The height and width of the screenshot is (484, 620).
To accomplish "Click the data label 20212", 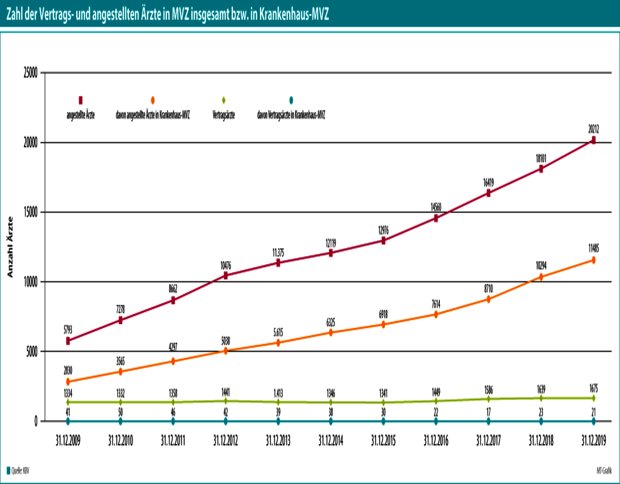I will pos(593,129).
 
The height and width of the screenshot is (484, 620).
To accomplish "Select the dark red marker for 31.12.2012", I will pos(226,276).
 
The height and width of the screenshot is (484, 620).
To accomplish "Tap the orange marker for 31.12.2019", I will pos(593,260).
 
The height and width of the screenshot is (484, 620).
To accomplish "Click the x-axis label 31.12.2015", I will pos(383,441).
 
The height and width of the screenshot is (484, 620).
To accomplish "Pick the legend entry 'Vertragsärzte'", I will pos(224,116).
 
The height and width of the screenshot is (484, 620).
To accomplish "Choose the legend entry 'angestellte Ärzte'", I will pos(80,116).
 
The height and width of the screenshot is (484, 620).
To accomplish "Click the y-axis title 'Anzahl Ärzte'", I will pos(10,247).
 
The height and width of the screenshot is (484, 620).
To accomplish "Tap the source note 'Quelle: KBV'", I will pos(17,470).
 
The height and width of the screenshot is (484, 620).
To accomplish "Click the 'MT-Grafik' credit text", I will pos(604,470).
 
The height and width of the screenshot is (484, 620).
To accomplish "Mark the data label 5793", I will pos(68,330).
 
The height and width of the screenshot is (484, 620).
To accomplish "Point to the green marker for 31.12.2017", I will pos(488,399).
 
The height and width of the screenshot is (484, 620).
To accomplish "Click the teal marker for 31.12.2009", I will pos(68,421).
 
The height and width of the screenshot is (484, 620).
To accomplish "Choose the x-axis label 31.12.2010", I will pos(120,441).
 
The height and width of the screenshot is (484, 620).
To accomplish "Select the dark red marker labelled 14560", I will pos(436,218).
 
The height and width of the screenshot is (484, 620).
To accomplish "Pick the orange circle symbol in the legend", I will pos(153,100).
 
